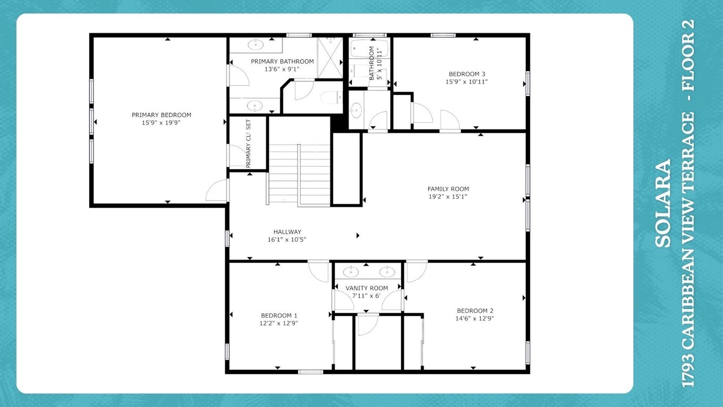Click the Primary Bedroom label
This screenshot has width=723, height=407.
162,115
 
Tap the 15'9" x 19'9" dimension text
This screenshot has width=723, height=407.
161,123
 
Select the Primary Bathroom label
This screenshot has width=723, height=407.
282,62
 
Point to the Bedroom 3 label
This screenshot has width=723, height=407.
467,74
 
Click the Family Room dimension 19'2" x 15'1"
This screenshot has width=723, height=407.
448,197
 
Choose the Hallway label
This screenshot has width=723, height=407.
288,232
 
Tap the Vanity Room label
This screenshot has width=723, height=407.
367,288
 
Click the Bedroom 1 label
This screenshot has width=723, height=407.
279,315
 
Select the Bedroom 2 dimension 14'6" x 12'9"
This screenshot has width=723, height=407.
475,318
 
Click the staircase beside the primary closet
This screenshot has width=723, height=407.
299,175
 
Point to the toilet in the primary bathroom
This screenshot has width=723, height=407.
332,97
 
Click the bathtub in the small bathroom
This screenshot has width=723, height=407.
365,49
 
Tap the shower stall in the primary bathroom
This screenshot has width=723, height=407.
330,58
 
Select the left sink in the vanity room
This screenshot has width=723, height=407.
351,272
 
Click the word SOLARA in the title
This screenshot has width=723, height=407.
663,203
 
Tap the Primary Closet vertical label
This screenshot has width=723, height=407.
248,144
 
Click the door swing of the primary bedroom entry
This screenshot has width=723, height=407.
216,190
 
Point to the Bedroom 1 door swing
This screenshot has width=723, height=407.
319,271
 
